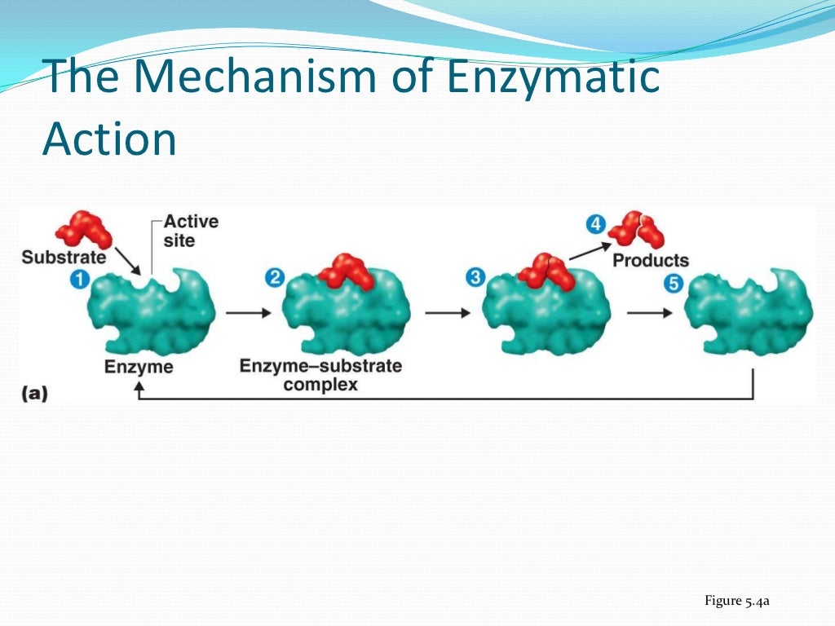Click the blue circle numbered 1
79,279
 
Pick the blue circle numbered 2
275,278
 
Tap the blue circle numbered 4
596,223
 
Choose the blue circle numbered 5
673,284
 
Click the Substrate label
64,258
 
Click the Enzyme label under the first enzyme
139,367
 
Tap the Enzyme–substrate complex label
320,375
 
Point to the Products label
651,261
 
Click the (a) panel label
35,393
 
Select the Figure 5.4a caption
737,602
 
